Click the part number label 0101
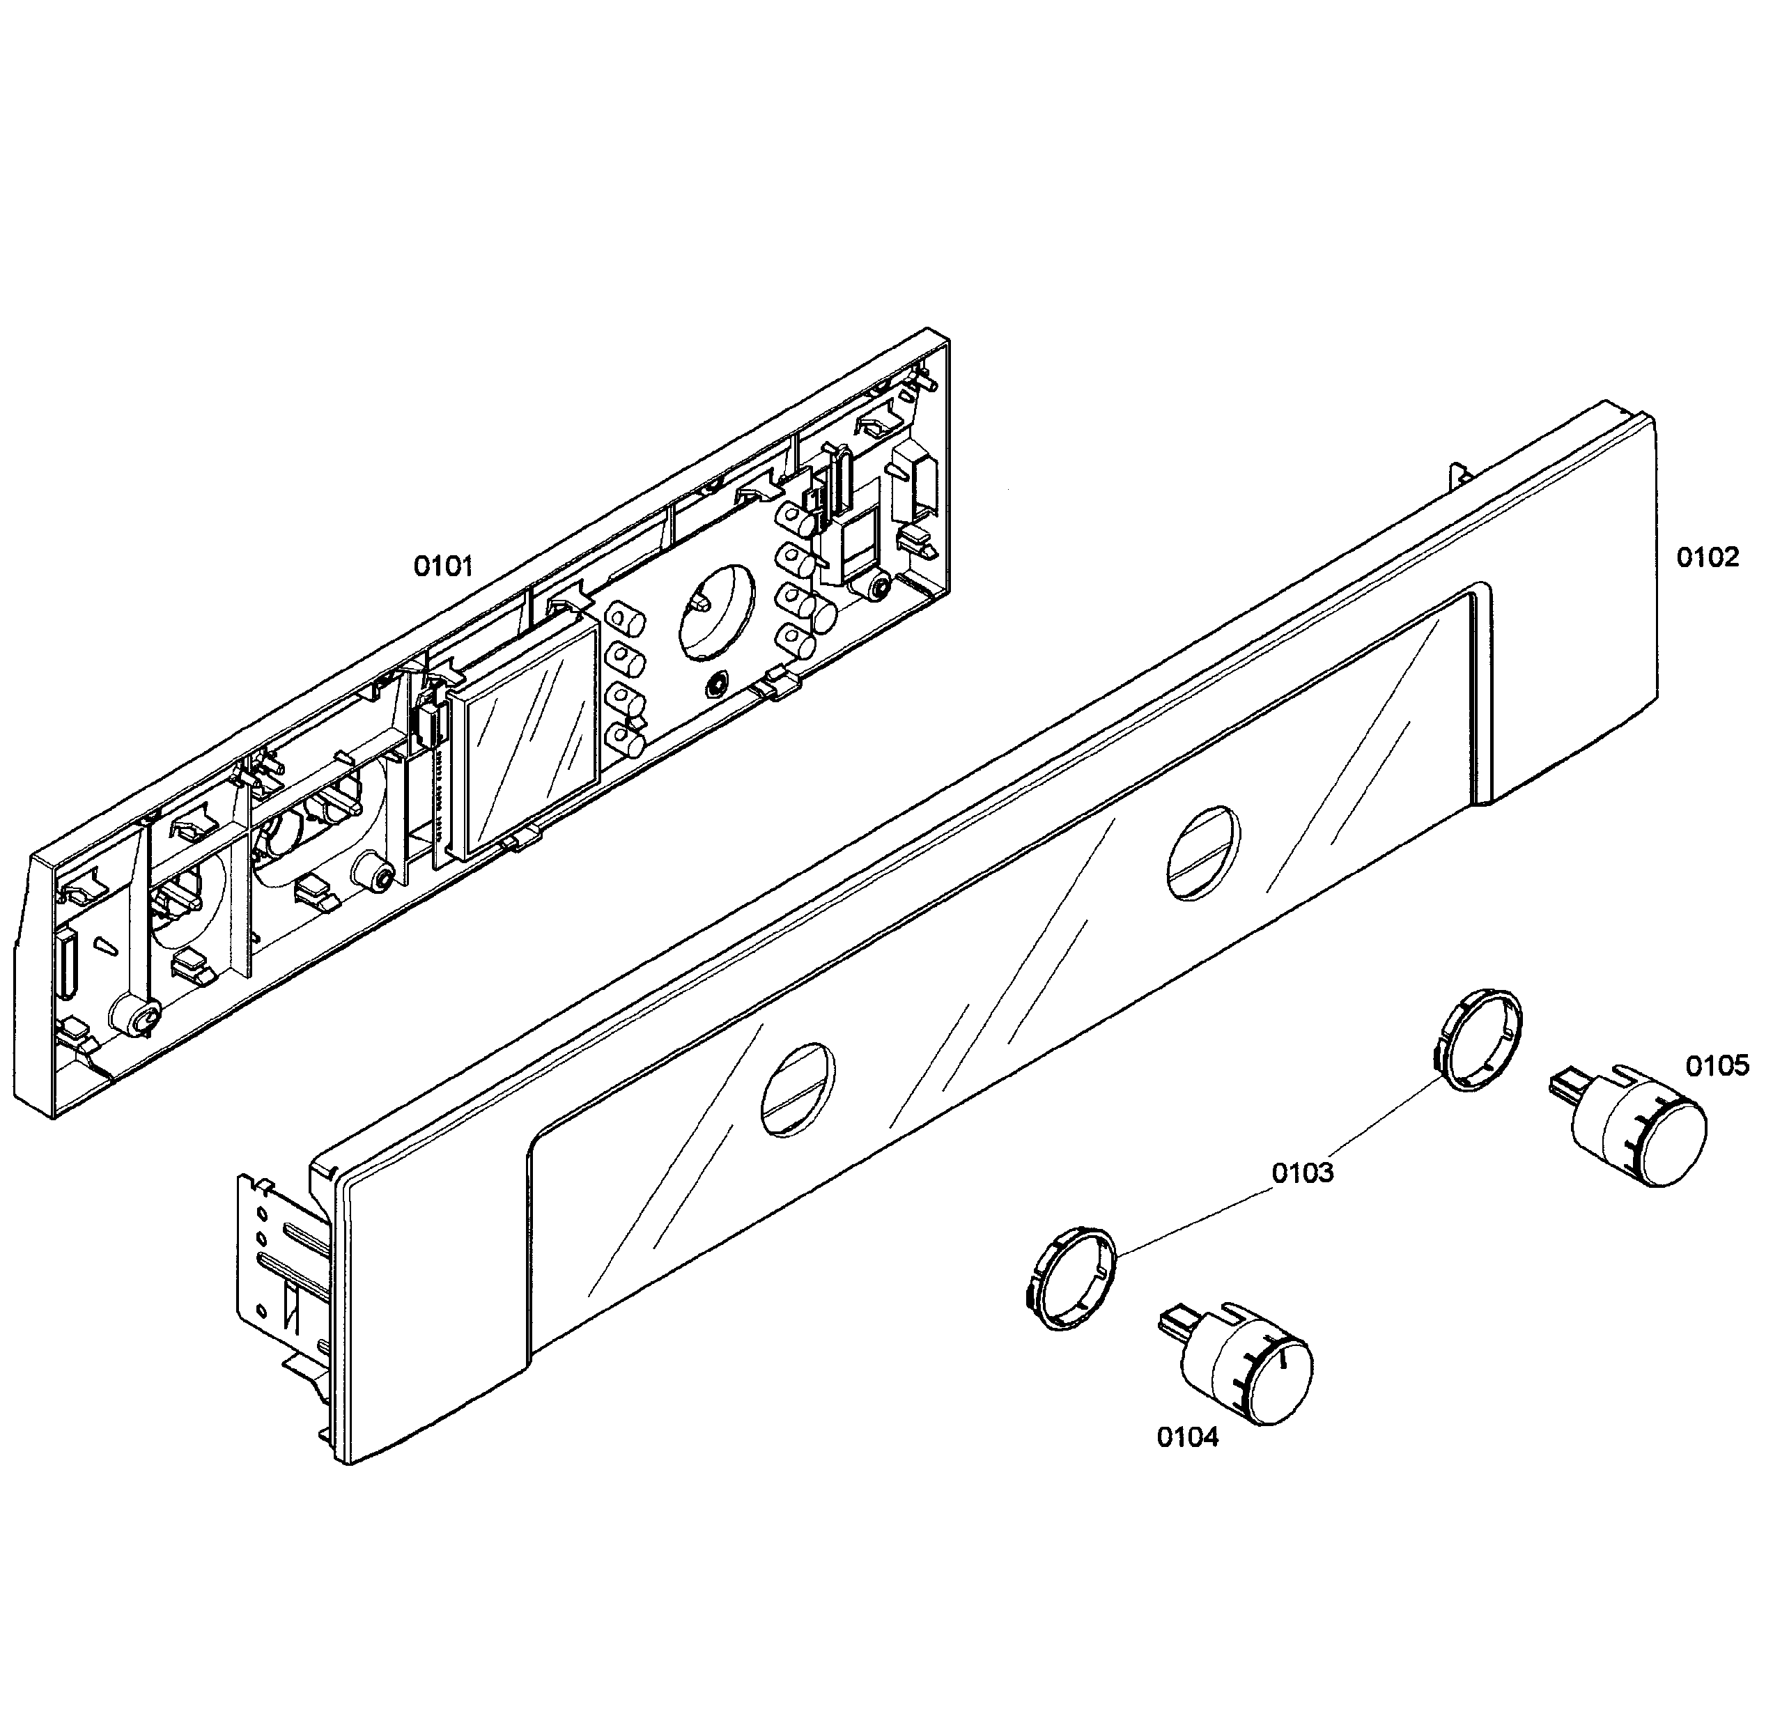point(443,567)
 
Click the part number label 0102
point(1707,557)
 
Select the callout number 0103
point(1303,1173)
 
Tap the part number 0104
point(1188,1437)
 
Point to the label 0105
point(1717,1067)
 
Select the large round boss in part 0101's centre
point(716,612)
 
